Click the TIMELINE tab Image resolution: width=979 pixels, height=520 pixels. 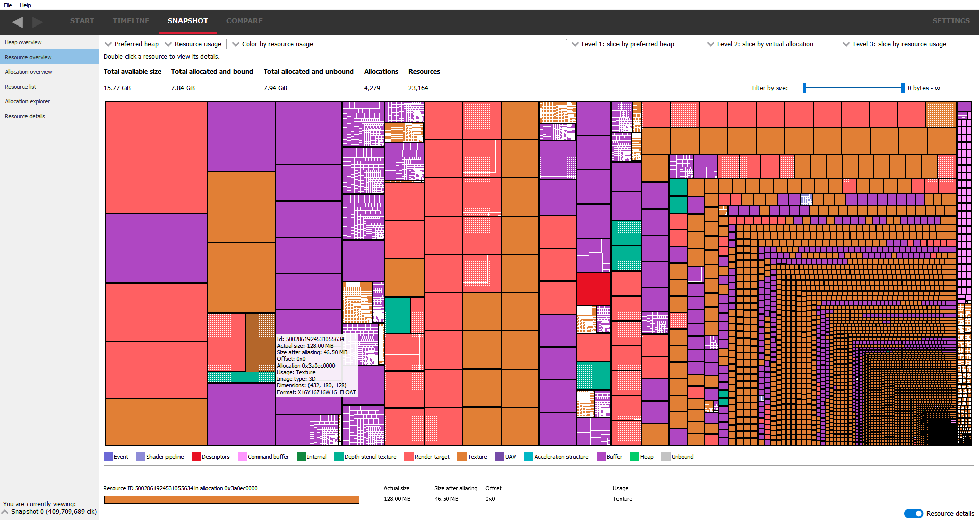[x=131, y=21]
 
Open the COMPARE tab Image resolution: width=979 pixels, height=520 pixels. [x=244, y=21]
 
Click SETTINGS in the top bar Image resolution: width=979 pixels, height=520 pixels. [x=950, y=21]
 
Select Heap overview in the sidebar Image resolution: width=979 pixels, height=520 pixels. [x=23, y=42]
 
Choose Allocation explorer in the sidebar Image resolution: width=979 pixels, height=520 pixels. [x=27, y=101]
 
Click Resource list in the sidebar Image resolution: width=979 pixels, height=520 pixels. [x=20, y=87]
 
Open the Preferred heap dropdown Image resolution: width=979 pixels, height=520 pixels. [x=132, y=44]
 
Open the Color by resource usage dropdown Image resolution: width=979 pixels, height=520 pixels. [x=273, y=44]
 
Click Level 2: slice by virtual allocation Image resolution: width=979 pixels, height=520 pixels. [x=760, y=44]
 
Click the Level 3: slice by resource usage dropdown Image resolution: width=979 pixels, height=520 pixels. [x=895, y=44]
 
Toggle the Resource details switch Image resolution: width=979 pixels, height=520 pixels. [x=913, y=513]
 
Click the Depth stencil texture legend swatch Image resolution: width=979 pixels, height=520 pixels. [x=339, y=457]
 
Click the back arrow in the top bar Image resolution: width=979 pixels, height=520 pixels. [x=18, y=22]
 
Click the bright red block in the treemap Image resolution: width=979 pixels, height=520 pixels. [x=593, y=289]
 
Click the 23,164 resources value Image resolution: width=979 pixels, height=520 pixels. [x=418, y=88]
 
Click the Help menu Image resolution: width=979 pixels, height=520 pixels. [x=25, y=5]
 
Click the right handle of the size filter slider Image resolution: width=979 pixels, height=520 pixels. [x=903, y=88]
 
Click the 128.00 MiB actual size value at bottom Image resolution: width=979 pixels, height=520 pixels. [x=397, y=499]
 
